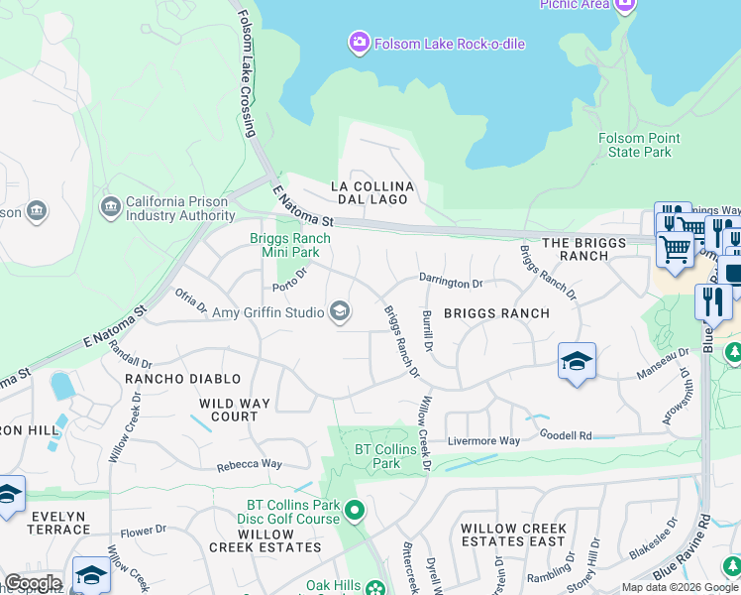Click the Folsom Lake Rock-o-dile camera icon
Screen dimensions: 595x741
[x=358, y=43]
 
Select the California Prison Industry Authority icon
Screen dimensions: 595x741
[x=111, y=206]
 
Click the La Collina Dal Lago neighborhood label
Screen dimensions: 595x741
[x=371, y=193]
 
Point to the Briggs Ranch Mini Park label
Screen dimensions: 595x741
[x=289, y=245]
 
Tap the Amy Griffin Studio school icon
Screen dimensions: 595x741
[x=340, y=312]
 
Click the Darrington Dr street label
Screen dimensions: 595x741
[x=450, y=282]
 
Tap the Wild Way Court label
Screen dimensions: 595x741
[x=243, y=410]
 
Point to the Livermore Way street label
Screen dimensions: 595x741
[x=483, y=440]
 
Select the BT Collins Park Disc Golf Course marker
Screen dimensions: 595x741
[x=356, y=512]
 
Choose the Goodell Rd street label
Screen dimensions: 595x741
[x=565, y=435]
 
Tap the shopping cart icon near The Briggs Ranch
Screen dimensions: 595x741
[x=676, y=249]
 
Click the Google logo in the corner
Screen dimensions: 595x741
[x=33, y=583]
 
